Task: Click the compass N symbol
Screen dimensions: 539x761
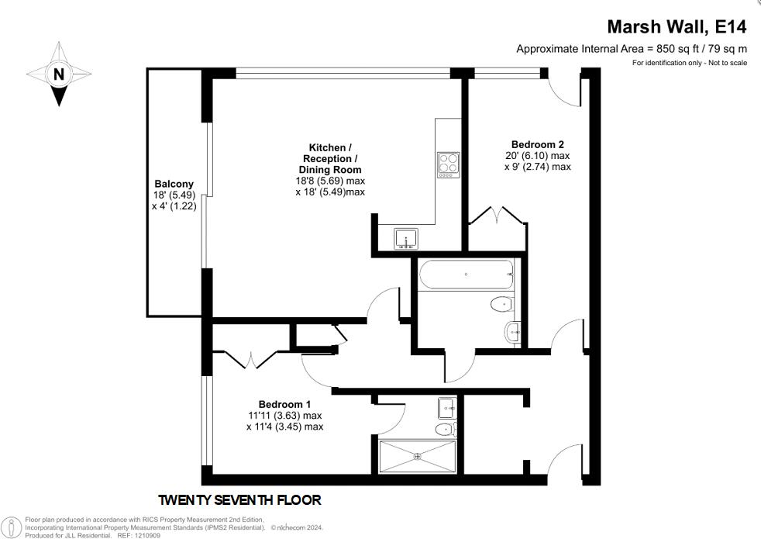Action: pos(58,74)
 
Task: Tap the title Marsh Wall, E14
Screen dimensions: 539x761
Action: pos(677,27)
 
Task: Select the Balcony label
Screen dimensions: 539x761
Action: pos(173,184)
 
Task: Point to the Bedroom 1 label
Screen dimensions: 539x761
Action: pos(284,404)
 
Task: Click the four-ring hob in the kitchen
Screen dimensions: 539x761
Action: pos(448,164)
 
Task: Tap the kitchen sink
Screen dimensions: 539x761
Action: pos(405,237)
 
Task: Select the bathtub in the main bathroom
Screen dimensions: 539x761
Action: pos(465,275)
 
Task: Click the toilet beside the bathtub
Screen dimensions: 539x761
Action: pos(501,305)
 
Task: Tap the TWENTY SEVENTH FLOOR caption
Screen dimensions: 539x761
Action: pos(239,500)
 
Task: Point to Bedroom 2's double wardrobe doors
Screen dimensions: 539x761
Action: pos(493,216)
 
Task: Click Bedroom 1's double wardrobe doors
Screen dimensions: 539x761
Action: pos(256,360)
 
